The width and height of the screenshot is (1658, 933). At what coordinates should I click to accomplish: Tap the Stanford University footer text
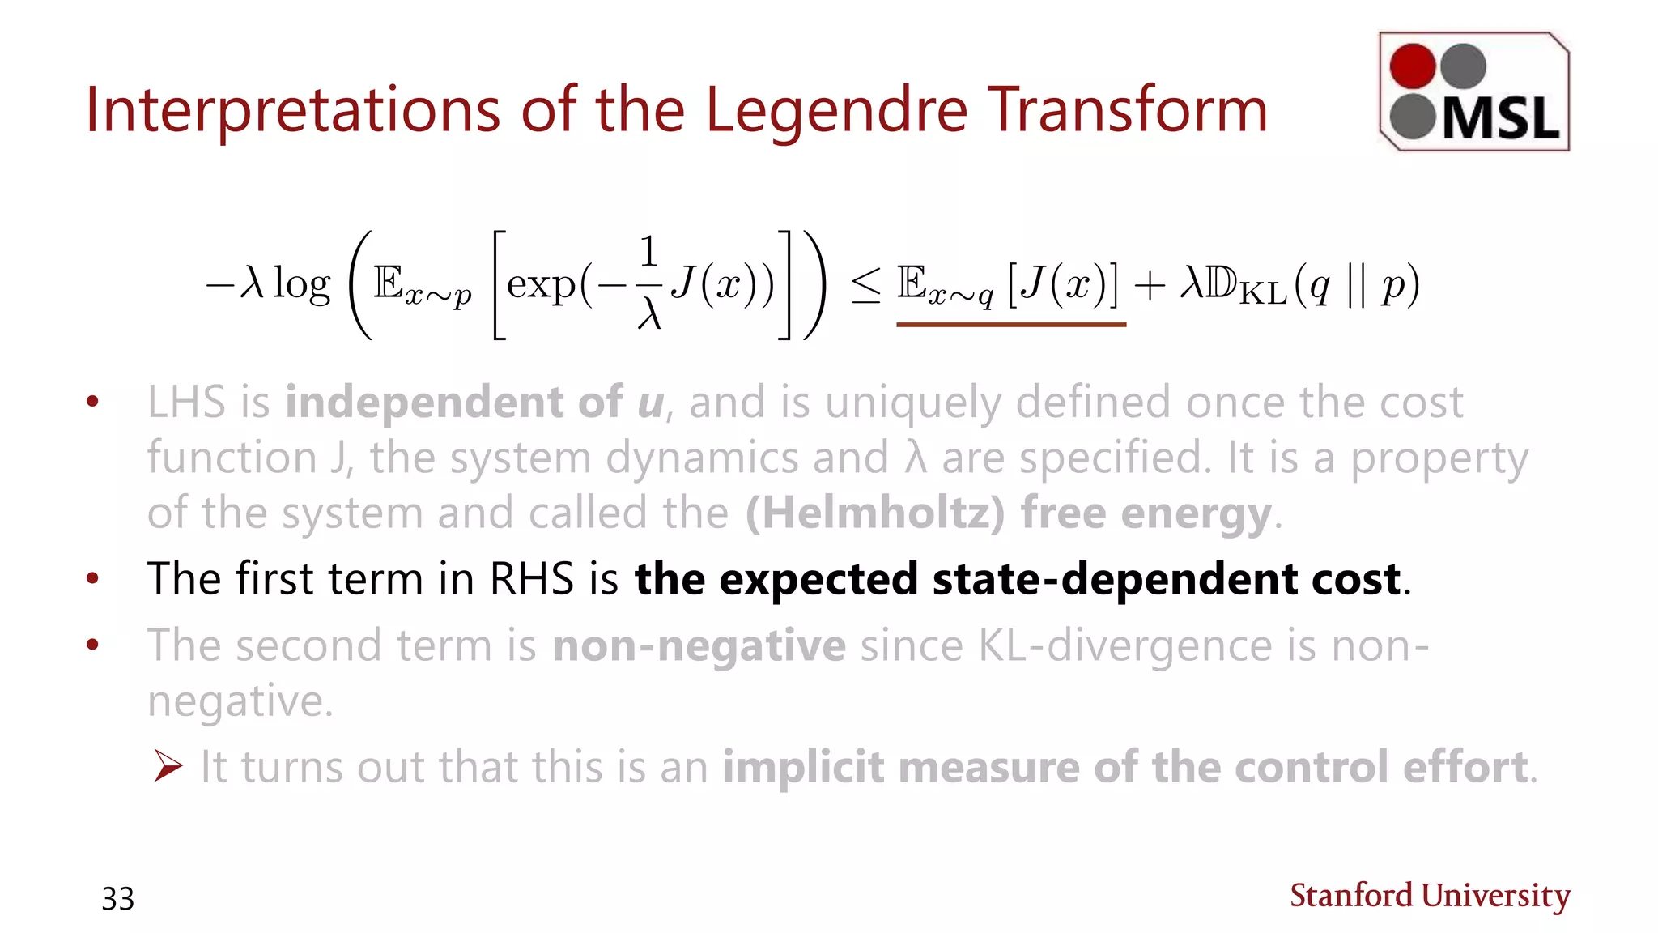(x=1430, y=896)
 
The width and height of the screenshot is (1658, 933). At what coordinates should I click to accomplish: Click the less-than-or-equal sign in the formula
(x=865, y=287)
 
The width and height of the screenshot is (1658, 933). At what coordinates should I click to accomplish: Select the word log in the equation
(x=302, y=285)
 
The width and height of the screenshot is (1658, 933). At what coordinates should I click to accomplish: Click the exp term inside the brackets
(x=541, y=285)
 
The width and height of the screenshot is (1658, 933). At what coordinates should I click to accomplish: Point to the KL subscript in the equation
(x=1263, y=293)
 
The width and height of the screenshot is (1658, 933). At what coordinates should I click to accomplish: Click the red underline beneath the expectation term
(x=1010, y=324)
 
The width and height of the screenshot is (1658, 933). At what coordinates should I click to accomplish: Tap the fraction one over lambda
(x=648, y=283)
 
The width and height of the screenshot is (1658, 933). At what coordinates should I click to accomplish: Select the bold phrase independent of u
(x=474, y=403)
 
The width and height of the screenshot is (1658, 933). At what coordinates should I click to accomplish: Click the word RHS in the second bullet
(x=530, y=579)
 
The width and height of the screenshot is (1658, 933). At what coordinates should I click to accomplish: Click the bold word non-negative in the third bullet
(x=699, y=646)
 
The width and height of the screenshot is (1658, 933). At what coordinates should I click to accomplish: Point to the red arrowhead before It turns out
(x=168, y=766)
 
